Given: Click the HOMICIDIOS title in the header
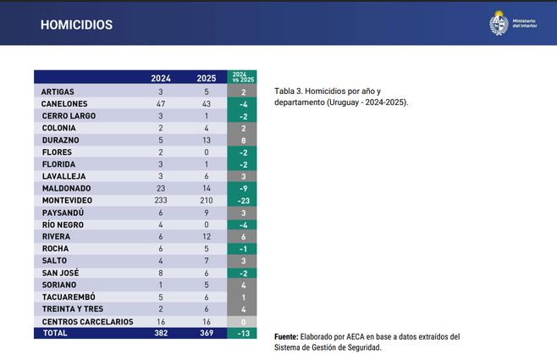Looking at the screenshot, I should coord(76,25).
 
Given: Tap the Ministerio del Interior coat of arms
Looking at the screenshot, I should coord(498,23).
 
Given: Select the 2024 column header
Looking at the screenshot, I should coord(161,78).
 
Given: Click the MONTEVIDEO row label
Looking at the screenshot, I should coord(67,200).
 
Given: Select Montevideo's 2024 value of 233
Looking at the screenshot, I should coord(161,200).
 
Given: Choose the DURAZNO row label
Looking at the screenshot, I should coord(61,140).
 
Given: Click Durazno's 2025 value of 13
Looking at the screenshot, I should coord(207,140).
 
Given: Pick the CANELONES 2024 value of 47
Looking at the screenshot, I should coord(161,103).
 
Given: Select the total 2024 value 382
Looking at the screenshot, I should coord(161,334).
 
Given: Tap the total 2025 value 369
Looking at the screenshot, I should coord(207,334).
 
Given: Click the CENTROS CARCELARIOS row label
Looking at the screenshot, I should coord(87,322).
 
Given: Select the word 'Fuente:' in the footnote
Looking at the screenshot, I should coord(289,336).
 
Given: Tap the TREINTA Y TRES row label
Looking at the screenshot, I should coord(73,309).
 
